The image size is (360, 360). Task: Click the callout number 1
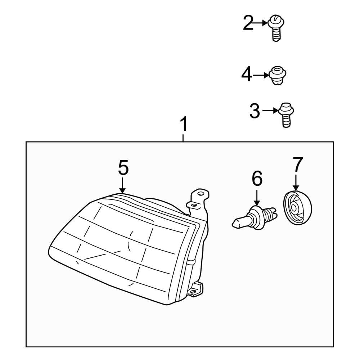(184, 125)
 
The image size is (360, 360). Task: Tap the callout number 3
(255, 111)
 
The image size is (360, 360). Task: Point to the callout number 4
(247, 75)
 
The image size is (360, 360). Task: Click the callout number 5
(123, 168)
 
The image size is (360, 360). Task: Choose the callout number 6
(257, 179)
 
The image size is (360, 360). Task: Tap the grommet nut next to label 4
(277, 75)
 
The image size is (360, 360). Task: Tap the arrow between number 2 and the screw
(261, 23)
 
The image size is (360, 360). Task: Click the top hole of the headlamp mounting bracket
(202, 193)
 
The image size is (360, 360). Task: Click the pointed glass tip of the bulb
(235, 224)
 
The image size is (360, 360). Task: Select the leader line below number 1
(184, 138)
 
